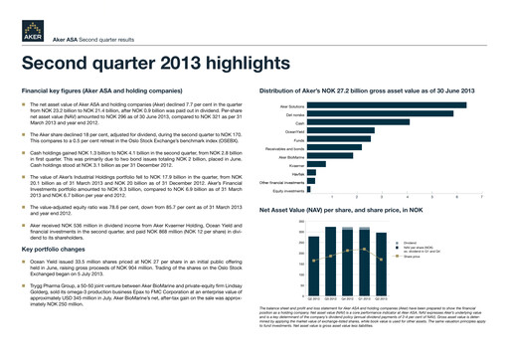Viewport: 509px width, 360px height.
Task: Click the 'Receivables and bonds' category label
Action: (280, 148)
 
